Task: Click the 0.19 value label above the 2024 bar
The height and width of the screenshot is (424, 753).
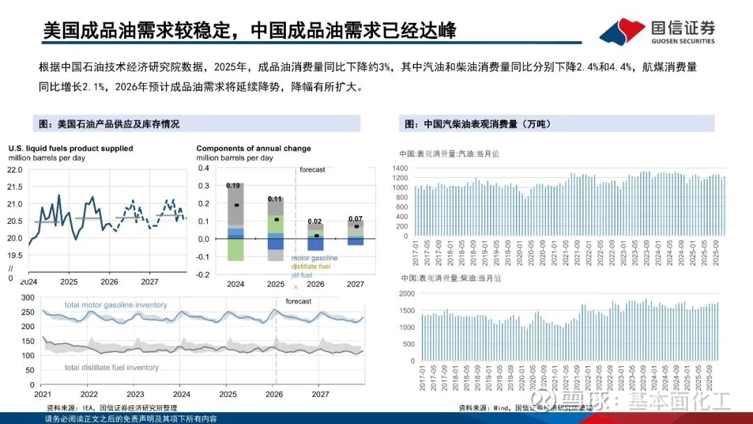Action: (x=233, y=185)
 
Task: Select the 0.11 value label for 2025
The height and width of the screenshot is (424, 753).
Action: (x=274, y=199)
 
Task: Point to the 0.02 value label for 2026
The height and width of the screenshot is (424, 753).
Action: (x=315, y=221)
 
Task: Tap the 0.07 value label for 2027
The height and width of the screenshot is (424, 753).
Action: (x=356, y=219)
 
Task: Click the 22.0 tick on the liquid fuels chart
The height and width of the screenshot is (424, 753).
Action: (x=15, y=169)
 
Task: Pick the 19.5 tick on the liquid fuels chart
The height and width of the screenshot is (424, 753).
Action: (x=15, y=256)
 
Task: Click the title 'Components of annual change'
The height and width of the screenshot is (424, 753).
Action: (x=254, y=149)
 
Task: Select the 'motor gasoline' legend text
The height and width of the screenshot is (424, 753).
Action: (x=315, y=258)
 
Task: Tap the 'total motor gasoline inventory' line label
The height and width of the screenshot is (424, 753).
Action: (x=116, y=305)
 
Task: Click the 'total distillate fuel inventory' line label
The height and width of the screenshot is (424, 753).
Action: (x=112, y=368)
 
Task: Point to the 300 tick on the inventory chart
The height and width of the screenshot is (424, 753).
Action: (x=29, y=297)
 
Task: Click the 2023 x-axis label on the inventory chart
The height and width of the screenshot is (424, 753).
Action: (x=135, y=394)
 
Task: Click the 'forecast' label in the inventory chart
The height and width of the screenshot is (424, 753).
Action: (x=298, y=301)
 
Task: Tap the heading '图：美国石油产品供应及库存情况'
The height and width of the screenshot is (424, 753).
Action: (x=109, y=124)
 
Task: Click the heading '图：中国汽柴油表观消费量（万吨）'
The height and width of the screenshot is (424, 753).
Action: (x=478, y=124)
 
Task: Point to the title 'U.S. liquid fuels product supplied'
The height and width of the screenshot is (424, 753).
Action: (x=70, y=149)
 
